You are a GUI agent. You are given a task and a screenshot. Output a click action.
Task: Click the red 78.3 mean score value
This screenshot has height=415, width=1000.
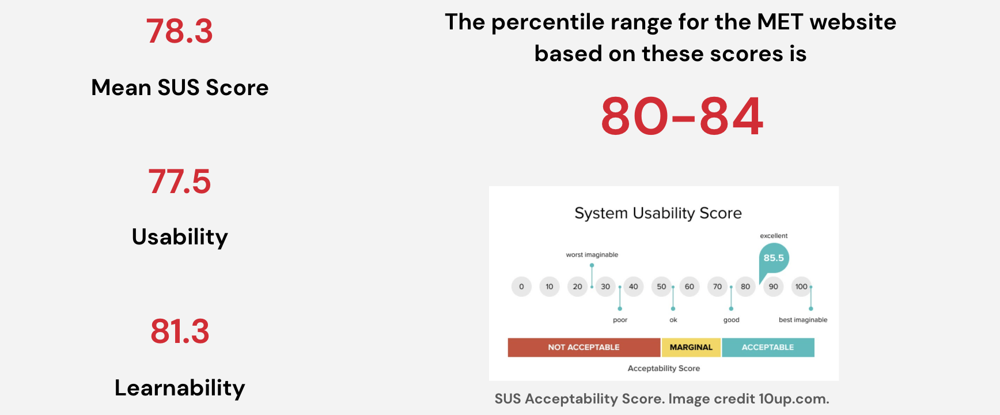coord(179,31)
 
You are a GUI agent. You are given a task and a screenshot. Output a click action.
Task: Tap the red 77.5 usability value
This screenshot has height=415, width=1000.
coord(179,182)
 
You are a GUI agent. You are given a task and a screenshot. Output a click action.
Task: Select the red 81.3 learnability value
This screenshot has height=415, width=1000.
coord(180,331)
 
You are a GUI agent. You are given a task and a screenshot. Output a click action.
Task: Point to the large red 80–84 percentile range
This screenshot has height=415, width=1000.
coord(682,116)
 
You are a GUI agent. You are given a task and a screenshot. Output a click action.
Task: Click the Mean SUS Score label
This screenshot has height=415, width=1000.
coord(180,88)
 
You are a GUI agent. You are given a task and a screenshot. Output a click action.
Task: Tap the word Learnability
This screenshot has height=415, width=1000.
coord(180,388)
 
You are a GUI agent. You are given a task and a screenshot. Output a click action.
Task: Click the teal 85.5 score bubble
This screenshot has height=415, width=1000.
coord(773,259)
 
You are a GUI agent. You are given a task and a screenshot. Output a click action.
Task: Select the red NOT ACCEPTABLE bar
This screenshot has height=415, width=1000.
coord(584,348)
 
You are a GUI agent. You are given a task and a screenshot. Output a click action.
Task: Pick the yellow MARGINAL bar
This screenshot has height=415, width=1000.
coord(691,348)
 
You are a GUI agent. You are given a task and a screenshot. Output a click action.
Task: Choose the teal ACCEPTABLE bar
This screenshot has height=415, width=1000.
coord(768,348)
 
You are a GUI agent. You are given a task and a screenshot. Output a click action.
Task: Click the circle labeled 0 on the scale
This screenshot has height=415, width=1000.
coord(521,286)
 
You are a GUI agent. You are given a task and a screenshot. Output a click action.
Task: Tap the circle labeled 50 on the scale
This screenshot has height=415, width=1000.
coord(661,286)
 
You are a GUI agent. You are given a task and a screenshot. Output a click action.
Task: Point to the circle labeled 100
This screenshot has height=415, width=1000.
coord(801,286)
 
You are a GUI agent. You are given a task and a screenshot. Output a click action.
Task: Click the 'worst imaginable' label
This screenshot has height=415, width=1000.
coord(592,255)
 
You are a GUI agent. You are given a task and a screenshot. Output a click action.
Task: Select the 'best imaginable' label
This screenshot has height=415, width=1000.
coord(803,320)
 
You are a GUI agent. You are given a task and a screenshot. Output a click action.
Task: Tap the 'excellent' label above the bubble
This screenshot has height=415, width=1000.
coord(774,236)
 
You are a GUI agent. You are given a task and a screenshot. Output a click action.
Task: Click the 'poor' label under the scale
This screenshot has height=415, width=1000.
coord(620,320)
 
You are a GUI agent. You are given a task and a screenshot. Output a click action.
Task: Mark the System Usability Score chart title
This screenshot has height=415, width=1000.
coord(658,213)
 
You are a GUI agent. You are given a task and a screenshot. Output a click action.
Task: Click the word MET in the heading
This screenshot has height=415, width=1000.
coord(780,22)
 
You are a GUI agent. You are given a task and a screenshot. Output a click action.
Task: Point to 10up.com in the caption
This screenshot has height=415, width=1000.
coord(794,399)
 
